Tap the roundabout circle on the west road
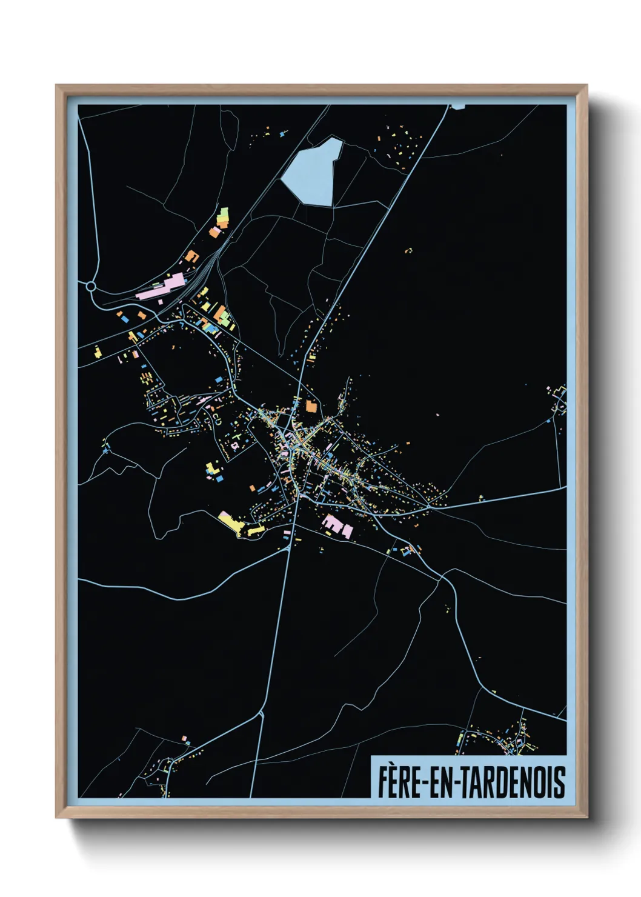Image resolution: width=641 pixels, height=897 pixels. click(91, 286)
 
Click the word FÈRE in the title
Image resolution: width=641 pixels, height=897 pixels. click(400, 782)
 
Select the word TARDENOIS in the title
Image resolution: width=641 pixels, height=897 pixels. click(515, 782)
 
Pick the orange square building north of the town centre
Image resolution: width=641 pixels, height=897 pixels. click(311, 406)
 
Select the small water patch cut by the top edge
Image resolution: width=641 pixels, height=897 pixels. click(458, 107)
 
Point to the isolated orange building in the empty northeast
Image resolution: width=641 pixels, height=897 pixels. click(408, 250)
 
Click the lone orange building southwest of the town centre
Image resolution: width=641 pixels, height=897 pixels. click(253, 487)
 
